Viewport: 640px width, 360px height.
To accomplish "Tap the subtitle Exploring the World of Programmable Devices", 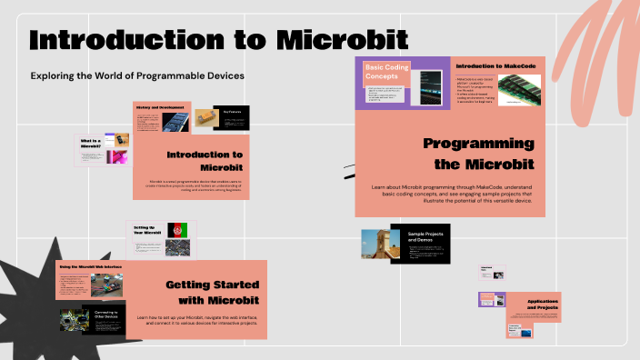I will [x=137, y=75].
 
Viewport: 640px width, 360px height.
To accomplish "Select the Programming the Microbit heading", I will [x=478, y=154].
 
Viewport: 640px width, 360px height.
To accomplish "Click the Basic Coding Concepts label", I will [x=386, y=72].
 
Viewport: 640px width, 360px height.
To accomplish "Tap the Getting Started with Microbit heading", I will [x=213, y=292].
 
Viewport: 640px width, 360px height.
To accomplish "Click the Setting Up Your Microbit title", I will [x=145, y=231].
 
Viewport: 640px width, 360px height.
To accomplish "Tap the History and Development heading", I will [x=159, y=107].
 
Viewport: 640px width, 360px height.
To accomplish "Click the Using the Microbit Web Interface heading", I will [x=89, y=266].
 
